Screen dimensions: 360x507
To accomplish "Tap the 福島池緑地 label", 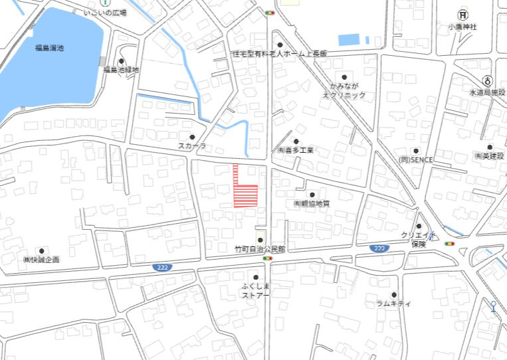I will tap(120, 69).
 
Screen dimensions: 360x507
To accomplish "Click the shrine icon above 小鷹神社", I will tap(462, 15).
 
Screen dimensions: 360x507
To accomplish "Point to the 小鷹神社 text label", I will tap(462, 27).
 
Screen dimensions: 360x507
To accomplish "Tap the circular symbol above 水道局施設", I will tap(488, 80).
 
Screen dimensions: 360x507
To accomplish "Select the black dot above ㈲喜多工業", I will tap(296, 141).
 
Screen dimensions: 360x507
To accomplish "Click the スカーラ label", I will tap(192, 145).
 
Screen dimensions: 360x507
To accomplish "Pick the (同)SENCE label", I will tap(416, 160).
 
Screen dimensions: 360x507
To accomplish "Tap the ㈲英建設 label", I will tap(489, 156).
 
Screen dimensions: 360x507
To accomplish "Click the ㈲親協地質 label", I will tap(312, 203).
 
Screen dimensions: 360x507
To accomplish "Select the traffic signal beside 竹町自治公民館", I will tap(268, 258).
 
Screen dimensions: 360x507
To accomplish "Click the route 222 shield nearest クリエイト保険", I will tap(379, 248).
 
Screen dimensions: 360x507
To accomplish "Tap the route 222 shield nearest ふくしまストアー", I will tap(160, 266).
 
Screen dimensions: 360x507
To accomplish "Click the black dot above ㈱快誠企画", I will tap(41, 250).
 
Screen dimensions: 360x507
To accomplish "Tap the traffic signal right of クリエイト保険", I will tap(451, 244).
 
